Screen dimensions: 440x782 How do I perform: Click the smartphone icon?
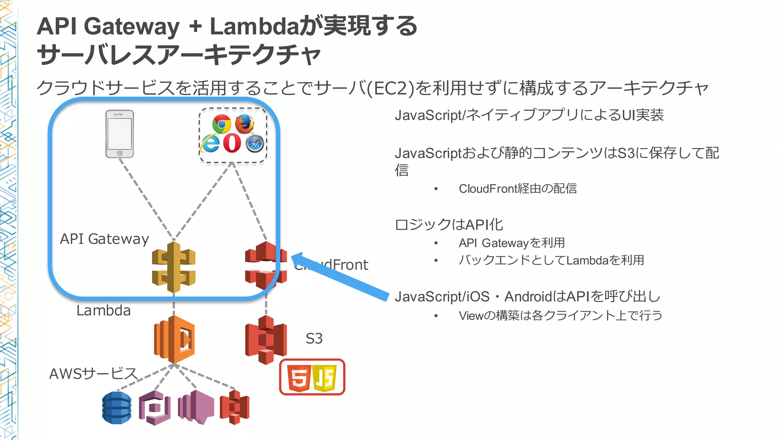[120, 134]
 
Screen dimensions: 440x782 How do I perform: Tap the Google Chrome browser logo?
[222, 124]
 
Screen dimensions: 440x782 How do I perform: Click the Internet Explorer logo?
[210, 143]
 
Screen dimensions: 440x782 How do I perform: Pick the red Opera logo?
[232, 143]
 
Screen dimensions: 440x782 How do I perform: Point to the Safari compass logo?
[255, 144]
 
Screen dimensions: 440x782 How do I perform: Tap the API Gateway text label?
[104, 239]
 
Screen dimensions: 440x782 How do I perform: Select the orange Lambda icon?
[174, 339]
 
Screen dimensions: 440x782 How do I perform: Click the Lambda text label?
[103, 311]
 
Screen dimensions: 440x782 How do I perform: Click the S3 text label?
[314, 338]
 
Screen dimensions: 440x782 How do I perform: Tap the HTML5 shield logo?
[299, 378]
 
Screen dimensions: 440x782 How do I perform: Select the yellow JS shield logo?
[325, 378]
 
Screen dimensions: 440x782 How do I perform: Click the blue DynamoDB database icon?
[117, 408]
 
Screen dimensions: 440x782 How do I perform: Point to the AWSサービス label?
[93, 374]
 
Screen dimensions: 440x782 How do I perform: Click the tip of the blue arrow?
[293, 257]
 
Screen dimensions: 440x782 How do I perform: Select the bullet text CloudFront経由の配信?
[517, 189]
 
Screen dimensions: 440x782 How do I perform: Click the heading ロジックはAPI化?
[449, 225]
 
